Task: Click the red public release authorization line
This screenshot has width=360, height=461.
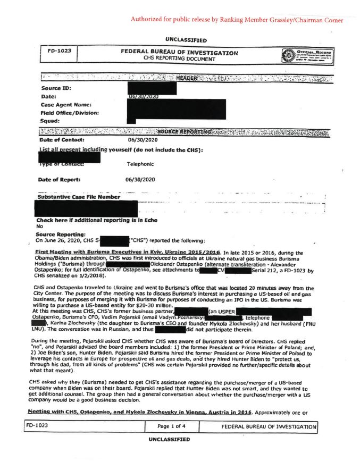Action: (x=237, y=20)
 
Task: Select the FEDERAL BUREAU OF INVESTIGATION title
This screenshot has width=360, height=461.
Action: (x=179, y=52)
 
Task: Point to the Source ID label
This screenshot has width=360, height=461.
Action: (x=56, y=88)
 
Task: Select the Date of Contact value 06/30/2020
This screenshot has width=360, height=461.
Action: (x=141, y=140)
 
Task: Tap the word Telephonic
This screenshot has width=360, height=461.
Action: (x=140, y=164)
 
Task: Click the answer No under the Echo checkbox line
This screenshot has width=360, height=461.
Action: (x=39, y=226)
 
